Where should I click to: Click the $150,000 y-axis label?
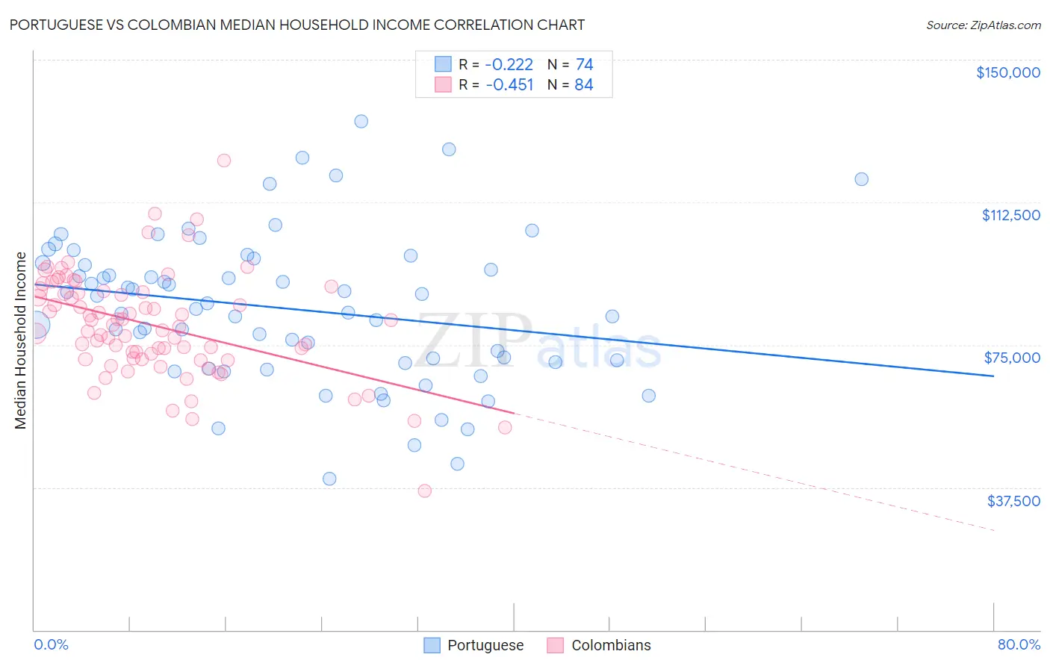[1007, 72]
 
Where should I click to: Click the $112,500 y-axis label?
[1010, 215]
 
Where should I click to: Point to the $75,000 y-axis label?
[1012, 358]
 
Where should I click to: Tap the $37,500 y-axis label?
[1013, 501]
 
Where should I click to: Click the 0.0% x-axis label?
[51, 644]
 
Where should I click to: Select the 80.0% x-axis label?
[1019, 644]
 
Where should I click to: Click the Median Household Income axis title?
[21, 340]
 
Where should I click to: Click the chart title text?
[296, 25]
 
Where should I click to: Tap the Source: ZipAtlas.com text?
[983, 25]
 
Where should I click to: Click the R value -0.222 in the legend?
[509, 64]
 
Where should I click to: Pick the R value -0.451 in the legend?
[509, 84]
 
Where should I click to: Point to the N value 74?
[584, 64]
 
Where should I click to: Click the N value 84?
[584, 84]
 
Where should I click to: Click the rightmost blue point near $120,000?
[861, 179]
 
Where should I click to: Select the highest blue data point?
[361, 121]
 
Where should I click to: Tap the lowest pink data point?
[424, 491]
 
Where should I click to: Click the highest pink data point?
[223, 161]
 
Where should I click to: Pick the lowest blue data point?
[329, 479]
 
